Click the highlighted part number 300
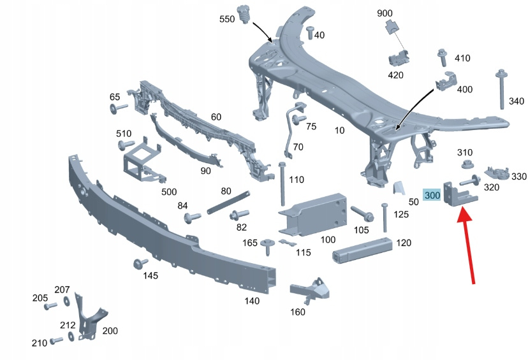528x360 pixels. tap(432, 195)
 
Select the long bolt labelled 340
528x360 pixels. tap(501, 89)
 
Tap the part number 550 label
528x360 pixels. tap(227, 20)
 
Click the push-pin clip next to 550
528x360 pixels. tap(243, 13)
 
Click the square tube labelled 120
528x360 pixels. tap(362, 250)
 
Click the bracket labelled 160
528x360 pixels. tap(311, 291)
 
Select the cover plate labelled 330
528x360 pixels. tap(496, 172)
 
